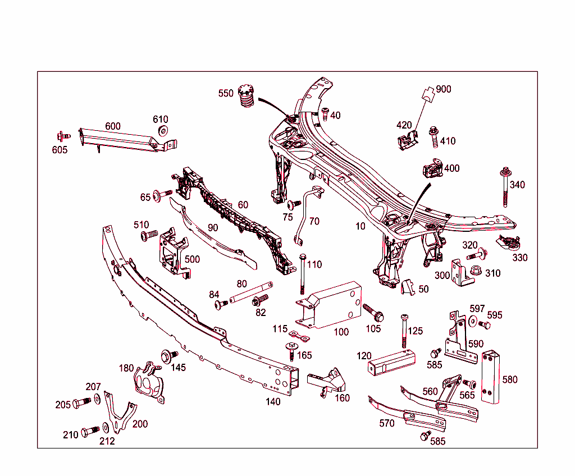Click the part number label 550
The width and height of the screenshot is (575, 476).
pos(226,93)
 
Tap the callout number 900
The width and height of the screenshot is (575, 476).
pos(443,89)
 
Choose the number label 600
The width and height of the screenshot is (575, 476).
pos(113,126)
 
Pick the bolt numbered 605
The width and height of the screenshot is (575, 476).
pos(62,136)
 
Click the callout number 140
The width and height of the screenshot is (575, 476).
pos(273,401)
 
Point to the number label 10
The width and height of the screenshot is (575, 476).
pos(360,226)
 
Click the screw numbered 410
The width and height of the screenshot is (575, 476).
pos(435,135)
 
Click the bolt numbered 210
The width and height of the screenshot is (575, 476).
pos(89,432)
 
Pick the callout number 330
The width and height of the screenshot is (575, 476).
pos(520,258)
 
